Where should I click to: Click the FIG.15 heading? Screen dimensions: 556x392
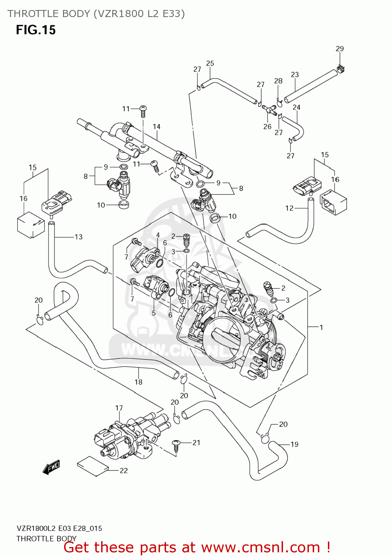tap(36, 30)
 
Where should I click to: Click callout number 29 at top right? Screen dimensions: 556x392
tap(339, 49)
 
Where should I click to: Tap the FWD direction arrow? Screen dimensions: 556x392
tap(52, 467)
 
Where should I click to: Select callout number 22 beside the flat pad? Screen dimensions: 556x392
tap(123, 470)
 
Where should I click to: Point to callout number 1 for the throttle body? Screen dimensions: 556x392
tap(321, 327)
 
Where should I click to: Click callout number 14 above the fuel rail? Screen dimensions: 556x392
tap(156, 127)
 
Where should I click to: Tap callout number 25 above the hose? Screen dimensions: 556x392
tap(210, 63)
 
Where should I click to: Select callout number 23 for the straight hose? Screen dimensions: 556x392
tap(295, 75)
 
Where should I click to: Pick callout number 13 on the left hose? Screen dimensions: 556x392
tap(79, 237)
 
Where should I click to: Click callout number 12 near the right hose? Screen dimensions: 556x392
tap(289, 208)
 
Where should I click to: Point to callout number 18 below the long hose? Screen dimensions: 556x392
tap(138, 382)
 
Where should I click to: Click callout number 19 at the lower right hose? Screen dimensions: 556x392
tap(294, 444)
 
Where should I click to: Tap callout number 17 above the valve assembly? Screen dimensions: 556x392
tap(119, 408)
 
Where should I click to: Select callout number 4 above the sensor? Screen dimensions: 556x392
tap(158, 235)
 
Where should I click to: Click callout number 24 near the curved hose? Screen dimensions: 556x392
tap(296, 107)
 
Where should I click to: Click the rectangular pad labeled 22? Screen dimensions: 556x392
tap(92, 465)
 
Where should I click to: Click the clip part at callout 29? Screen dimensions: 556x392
tap(341, 69)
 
